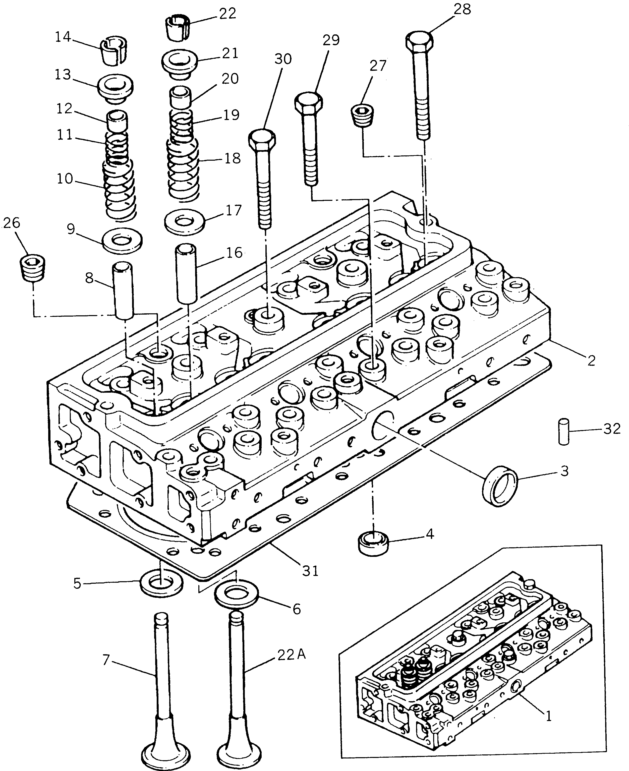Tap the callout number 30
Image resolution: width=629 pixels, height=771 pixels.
(x=283, y=59)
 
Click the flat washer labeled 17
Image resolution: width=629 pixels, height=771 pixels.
(x=185, y=221)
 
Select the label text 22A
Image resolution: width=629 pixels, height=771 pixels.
(x=292, y=655)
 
